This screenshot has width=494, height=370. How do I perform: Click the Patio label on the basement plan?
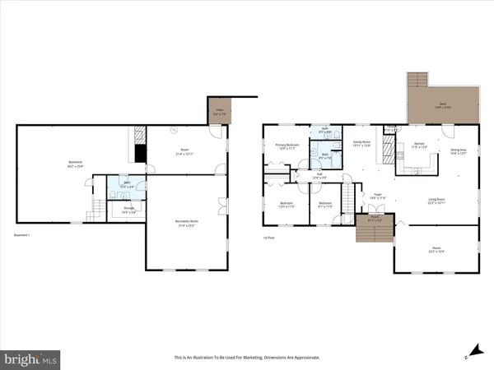click(220, 111)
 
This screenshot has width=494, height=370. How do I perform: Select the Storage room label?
click(129, 210)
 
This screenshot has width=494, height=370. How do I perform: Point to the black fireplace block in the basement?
click(141, 153)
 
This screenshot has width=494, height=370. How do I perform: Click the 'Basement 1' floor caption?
click(22, 236)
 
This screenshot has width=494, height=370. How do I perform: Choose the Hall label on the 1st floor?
click(318, 175)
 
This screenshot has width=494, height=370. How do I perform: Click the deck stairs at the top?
click(418, 80)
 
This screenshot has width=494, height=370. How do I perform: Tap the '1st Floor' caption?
click(268, 236)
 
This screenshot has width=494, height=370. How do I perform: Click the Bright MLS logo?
click(31, 358)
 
